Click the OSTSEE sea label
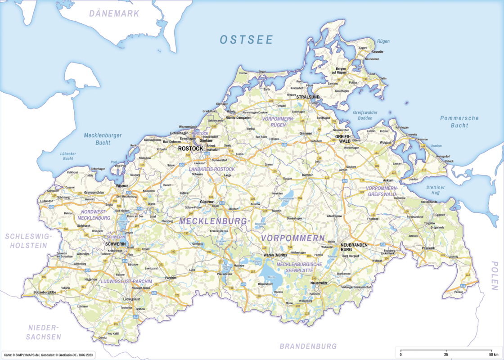point(246,40)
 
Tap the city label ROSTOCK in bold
point(190,148)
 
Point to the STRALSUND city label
point(308,97)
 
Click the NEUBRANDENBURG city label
point(355,246)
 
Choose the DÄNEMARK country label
point(114,14)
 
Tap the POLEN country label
point(494,275)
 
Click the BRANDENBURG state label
point(308,346)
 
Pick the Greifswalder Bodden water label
point(365,115)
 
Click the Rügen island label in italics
point(383,41)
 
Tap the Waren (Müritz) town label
point(274,255)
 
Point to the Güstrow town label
point(207,202)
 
